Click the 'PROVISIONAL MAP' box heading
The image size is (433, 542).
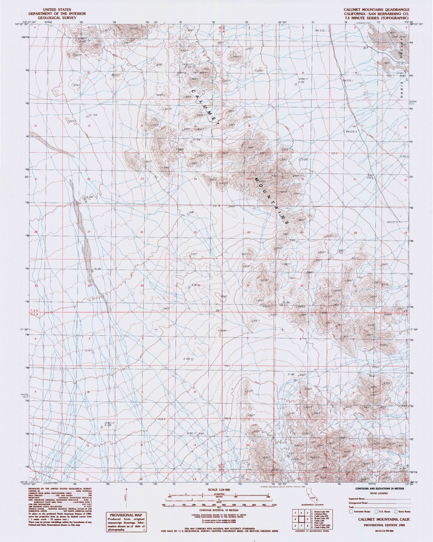click(x=127, y=515)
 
